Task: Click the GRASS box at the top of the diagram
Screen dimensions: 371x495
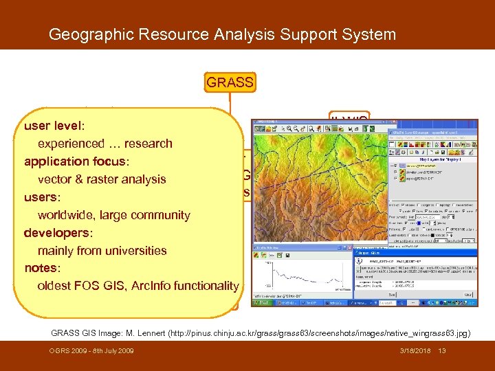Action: click(x=230, y=83)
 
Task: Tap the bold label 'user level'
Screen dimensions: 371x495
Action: click(x=53, y=126)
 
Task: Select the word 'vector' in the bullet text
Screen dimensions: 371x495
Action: click(x=55, y=180)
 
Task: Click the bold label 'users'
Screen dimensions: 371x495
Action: click(x=42, y=198)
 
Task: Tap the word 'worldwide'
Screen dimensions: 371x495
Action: click(x=67, y=216)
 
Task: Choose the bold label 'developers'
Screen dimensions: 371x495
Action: click(x=57, y=234)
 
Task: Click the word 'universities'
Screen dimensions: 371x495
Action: click(x=136, y=251)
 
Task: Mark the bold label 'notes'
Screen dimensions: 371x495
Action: click(x=41, y=269)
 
